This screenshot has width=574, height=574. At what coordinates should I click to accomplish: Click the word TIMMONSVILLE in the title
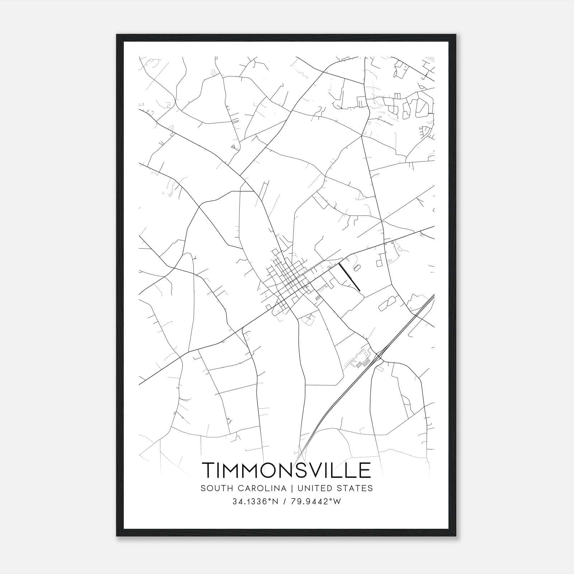pyautogui.click(x=287, y=470)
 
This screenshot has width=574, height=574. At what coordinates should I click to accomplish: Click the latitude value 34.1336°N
pyautogui.click(x=255, y=502)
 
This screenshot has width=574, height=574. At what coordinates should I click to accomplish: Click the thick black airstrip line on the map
pyautogui.click(x=349, y=277)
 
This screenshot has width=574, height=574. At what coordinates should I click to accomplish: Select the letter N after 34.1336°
pyautogui.click(x=275, y=502)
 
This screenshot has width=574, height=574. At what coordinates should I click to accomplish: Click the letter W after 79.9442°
pyautogui.click(x=337, y=502)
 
